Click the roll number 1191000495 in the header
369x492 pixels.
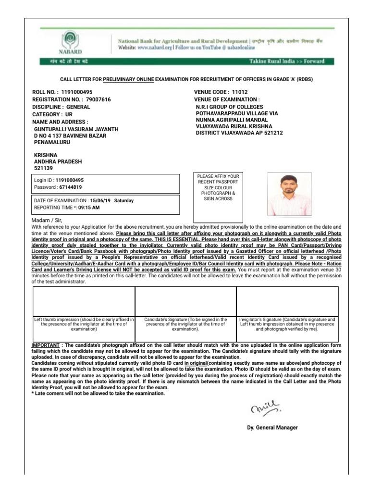[x=77, y=92]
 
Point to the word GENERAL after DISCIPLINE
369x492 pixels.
[x=78, y=107]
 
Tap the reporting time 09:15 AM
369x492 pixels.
[x=89, y=208]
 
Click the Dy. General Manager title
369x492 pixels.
[x=272, y=428]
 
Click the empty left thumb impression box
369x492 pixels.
[x=83, y=301]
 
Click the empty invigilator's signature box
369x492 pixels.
[x=287, y=301]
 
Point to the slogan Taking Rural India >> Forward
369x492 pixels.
[x=294, y=61]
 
